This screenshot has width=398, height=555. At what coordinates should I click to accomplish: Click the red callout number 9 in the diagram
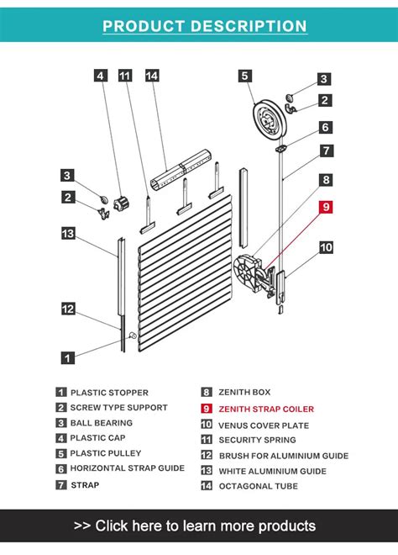(x=326, y=206)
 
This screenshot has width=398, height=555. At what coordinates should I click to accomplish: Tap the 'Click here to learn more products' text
(x=199, y=526)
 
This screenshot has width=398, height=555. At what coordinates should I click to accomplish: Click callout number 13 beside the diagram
(x=68, y=233)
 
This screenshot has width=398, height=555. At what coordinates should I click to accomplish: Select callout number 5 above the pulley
(x=245, y=77)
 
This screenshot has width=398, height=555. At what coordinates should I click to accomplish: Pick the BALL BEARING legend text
(x=101, y=423)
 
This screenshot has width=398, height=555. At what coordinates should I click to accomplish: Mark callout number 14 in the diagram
(x=152, y=77)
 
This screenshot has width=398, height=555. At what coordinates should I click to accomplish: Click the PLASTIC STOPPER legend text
(x=109, y=392)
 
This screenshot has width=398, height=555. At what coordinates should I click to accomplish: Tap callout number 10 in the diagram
(x=326, y=247)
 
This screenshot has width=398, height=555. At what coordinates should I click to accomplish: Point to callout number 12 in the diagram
(x=68, y=309)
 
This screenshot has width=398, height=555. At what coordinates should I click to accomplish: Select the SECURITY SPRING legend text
(x=257, y=440)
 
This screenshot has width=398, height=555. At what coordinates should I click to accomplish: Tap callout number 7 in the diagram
(x=326, y=151)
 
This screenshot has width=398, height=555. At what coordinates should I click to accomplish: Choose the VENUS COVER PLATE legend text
(x=263, y=425)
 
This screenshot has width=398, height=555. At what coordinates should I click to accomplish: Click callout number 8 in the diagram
(x=326, y=179)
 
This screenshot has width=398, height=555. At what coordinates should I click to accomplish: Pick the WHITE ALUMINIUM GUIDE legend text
(x=272, y=471)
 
